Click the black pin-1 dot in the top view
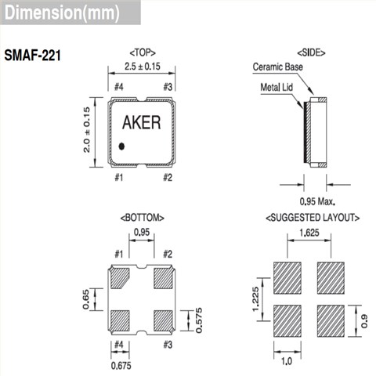(x=122, y=146)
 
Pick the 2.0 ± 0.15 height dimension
(x=88, y=131)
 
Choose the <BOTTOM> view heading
(x=142, y=217)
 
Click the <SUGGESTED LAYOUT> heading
(x=313, y=217)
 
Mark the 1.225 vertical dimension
(x=255, y=298)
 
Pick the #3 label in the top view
(x=166, y=87)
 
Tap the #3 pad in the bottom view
(x=162, y=320)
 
